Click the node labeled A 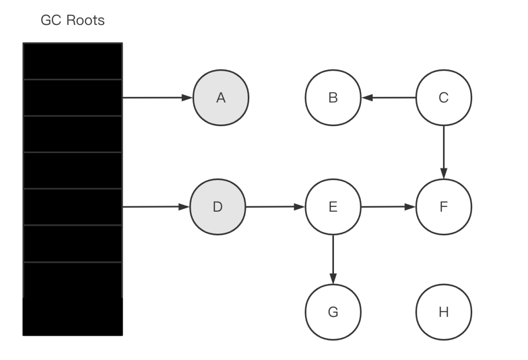click(x=221, y=98)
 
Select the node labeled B click(x=333, y=98)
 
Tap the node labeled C click(x=444, y=98)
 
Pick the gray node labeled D click(x=218, y=207)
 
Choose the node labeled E click(x=333, y=207)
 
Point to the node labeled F click(x=444, y=207)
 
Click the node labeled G click(x=333, y=312)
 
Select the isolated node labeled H click(x=444, y=312)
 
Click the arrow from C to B click(x=389, y=98)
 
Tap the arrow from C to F click(x=444, y=152)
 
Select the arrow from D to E click(x=275, y=207)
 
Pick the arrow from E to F click(x=389, y=207)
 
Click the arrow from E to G click(x=333, y=260)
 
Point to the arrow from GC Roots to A click(x=157, y=98)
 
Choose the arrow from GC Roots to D click(x=156, y=207)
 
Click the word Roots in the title click(x=86, y=20)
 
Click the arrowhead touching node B click(x=367, y=98)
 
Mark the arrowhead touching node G click(x=333, y=279)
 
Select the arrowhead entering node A click(x=187, y=98)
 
